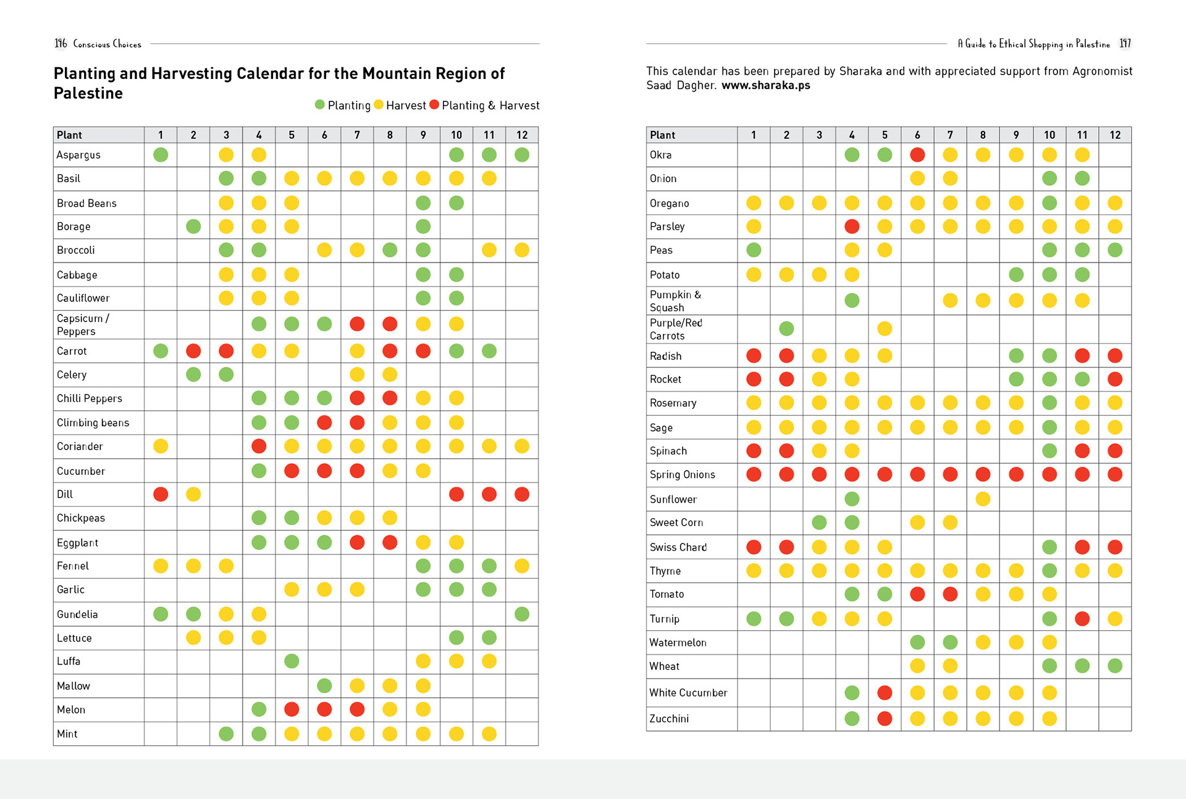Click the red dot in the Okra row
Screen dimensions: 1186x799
pyautogui.click(x=917, y=154)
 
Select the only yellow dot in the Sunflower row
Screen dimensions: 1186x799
pyautogui.click(x=983, y=498)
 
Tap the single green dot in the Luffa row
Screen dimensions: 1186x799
pyautogui.click(x=292, y=661)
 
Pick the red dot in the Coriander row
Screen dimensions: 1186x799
pyautogui.click(x=259, y=446)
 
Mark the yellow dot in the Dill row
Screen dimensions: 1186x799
pyautogui.click(x=193, y=494)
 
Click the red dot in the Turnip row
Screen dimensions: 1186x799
pyautogui.click(x=1082, y=618)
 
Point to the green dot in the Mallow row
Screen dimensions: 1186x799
pyautogui.click(x=324, y=685)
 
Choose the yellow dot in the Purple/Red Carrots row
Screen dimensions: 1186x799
pyautogui.click(x=885, y=328)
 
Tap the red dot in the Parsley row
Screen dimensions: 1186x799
pyautogui.click(x=852, y=226)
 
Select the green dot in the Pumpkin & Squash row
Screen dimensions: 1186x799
pyautogui.click(x=852, y=300)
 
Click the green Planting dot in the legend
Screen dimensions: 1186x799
pyautogui.click(x=319, y=104)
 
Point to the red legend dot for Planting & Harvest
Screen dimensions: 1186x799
pyautogui.click(x=434, y=104)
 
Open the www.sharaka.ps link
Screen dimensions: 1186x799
pyautogui.click(x=765, y=85)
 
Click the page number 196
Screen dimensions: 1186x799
pyautogui.click(x=61, y=43)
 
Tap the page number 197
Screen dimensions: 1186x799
pyautogui.click(x=1125, y=43)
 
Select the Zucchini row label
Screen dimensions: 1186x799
pyautogui.click(x=669, y=718)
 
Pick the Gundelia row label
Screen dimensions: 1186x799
pyautogui.click(x=77, y=614)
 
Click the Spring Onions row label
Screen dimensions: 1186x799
pyautogui.click(x=683, y=474)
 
